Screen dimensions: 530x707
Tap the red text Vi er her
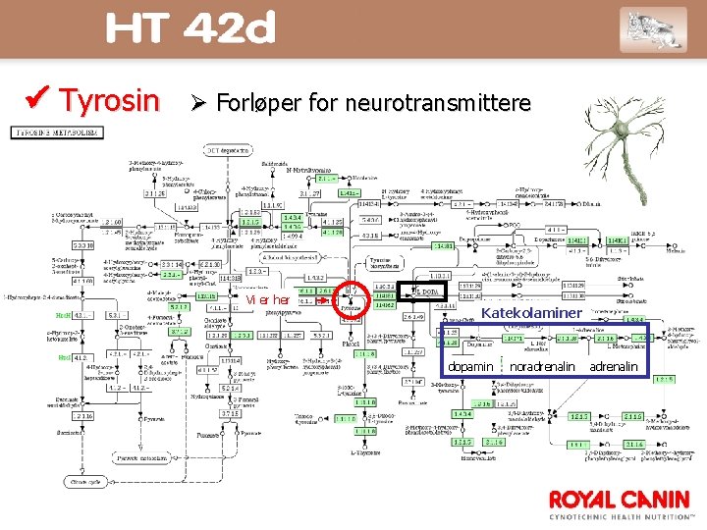coord(267,299)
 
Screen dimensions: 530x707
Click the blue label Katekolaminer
coord(531,313)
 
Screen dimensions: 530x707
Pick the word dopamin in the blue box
coord(470,366)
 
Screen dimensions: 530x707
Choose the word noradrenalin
coord(542,366)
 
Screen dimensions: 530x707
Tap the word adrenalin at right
coord(613,366)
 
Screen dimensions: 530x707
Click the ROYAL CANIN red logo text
coord(621,499)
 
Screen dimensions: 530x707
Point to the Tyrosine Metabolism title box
coord(57,131)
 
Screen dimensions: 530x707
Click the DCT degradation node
coord(225,150)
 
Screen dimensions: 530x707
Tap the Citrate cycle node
coord(83,482)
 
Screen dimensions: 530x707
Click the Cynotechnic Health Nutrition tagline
coord(621,515)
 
